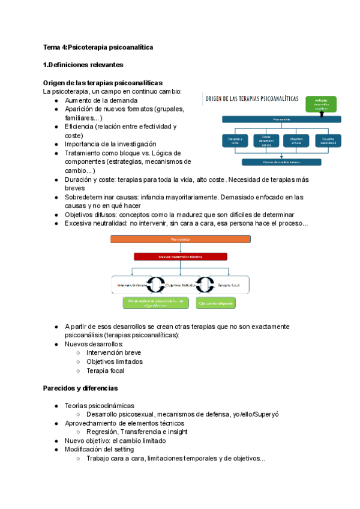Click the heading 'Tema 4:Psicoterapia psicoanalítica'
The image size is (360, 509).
pyautogui.click(x=98, y=47)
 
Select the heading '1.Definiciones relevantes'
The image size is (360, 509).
pyautogui.click(x=83, y=64)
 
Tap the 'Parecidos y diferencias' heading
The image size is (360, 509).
pyautogui.click(x=80, y=388)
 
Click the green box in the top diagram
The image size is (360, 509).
pyautogui.click(x=324, y=104)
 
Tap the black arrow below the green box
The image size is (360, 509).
pyautogui.click(x=324, y=114)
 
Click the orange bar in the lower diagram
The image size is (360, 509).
pyautogui.click(x=180, y=239)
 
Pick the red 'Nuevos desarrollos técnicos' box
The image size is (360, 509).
pyautogui.click(x=180, y=256)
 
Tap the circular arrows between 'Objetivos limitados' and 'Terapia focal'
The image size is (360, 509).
pyautogui.click(x=206, y=285)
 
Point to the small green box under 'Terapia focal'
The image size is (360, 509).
pyautogui.click(x=216, y=303)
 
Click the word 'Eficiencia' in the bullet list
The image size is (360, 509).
pyautogui.click(x=79, y=127)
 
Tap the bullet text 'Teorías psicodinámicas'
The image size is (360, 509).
pyautogui.click(x=100, y=406)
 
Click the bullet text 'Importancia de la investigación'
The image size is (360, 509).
pyautogui.click(x=110, y=144)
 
